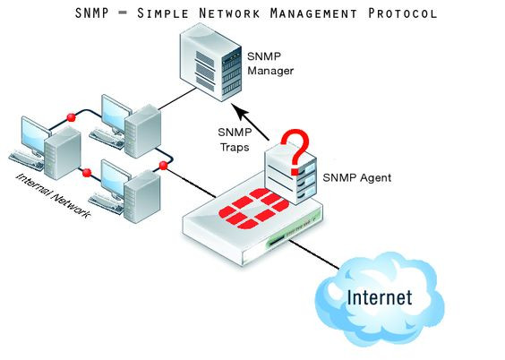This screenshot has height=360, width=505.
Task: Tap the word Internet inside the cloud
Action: click(379, 296)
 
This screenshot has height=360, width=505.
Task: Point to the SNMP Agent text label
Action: click(355, 177)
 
